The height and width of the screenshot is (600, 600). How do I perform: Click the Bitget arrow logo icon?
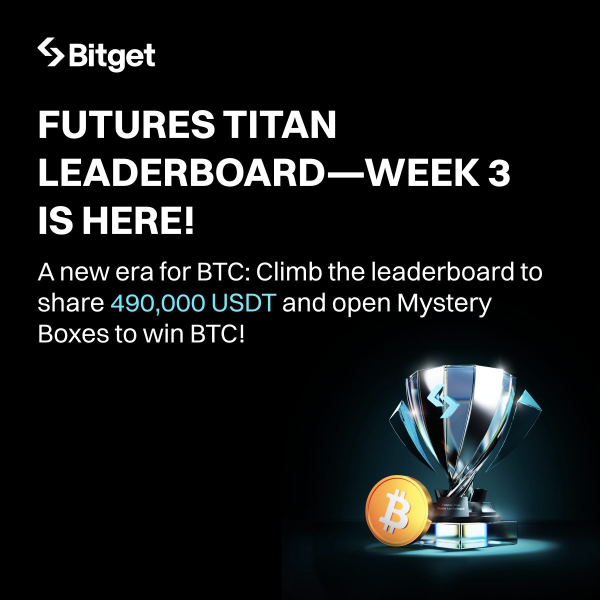(x=50, y=52)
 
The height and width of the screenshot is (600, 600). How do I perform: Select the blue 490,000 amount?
(x=158, y=303)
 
